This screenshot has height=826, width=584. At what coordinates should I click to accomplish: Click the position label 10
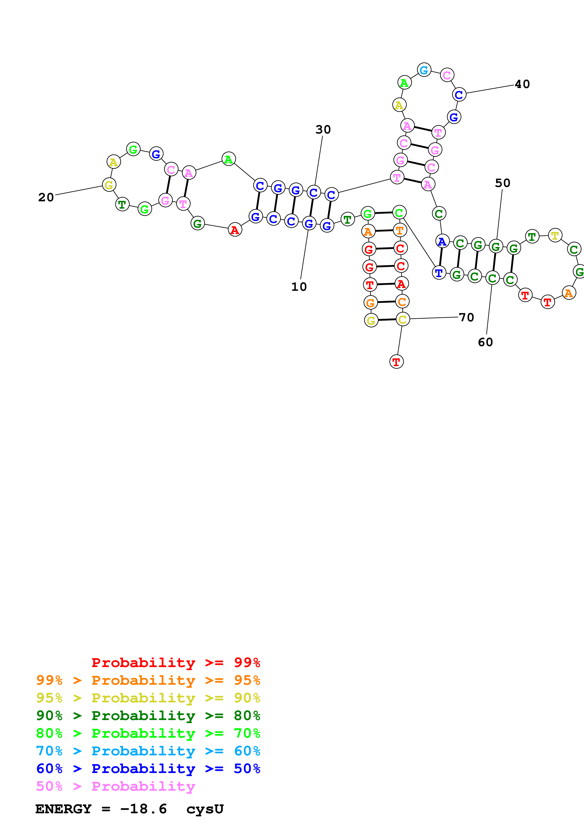[x=299, y=287]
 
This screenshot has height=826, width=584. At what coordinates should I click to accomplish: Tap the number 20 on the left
[x=46, y=197]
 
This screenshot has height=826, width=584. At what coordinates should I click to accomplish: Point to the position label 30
[x=323, y=130]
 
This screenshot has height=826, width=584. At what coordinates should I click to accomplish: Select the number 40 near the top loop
[x=522, y=84]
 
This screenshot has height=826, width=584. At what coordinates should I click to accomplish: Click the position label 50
[x=502, y=183]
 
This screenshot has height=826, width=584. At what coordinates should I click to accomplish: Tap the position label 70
[x=466, y=317]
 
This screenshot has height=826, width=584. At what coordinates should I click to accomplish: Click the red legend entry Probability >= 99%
[x=176, y=663]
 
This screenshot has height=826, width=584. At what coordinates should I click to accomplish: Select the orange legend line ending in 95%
[x=148, y=680]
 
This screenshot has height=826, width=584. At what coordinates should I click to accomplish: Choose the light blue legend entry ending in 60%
[x=148, y=751]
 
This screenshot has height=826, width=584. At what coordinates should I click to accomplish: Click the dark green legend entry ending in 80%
[x=148, y=716]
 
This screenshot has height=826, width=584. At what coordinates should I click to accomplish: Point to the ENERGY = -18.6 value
[x=101, y=809]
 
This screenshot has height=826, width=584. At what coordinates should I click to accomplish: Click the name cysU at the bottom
[x=205, y=809]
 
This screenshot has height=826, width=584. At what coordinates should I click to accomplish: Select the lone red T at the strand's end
[x=396, y=362]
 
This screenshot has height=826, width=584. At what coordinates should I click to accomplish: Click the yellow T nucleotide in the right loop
[x=555, y=235]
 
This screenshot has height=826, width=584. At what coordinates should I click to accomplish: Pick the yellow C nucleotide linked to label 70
[x=402, y=319]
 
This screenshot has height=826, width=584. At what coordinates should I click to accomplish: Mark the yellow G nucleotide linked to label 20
[x=109, y=185]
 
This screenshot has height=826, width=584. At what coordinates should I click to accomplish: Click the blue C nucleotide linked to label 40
[x=459, y=95]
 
